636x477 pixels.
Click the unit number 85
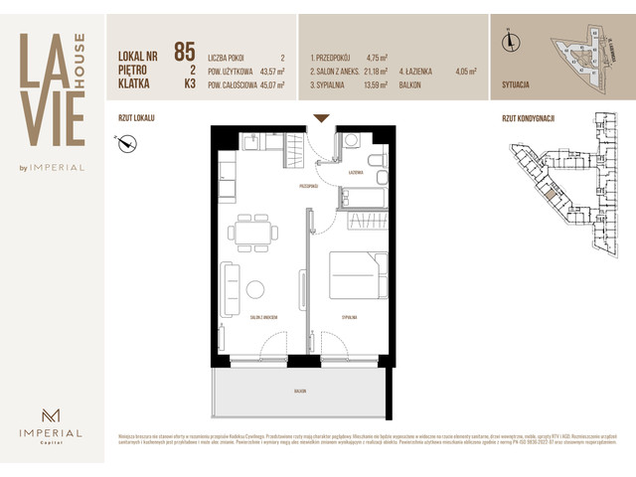[x=184, y=53]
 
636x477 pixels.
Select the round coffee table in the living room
[x=256, y=290]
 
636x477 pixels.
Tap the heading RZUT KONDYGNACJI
[x=529, y=119]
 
